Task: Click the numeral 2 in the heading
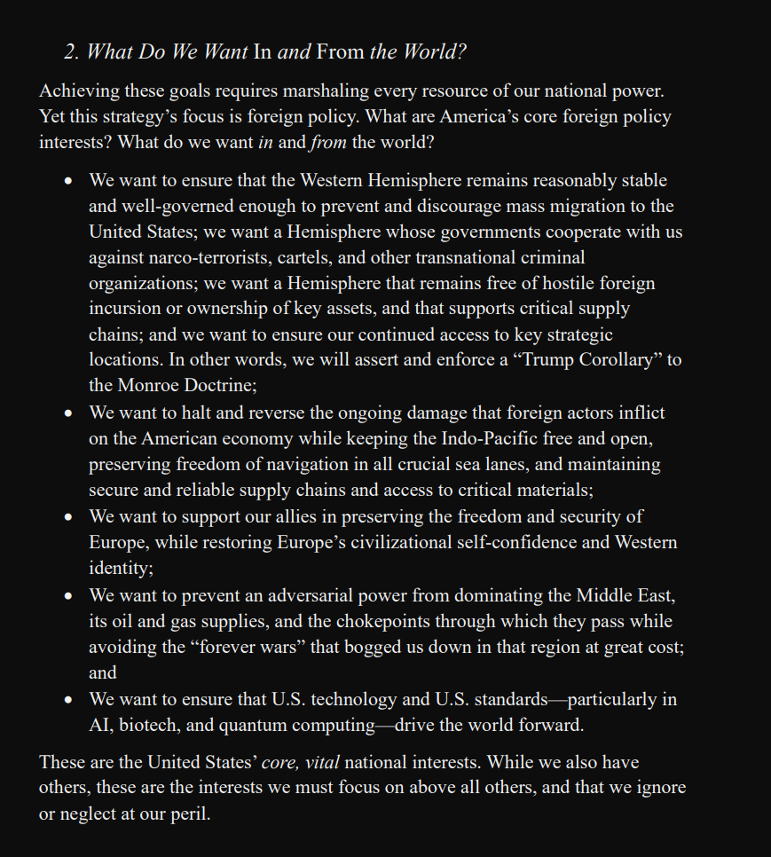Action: (x=70, y=52)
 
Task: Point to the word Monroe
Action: (x=150, y=386)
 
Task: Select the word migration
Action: (x=587, y=207)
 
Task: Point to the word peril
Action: (x=189, y=814)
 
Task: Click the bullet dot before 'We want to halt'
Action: (x=68, y=413)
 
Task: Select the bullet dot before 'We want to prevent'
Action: (x=68, y=596)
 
